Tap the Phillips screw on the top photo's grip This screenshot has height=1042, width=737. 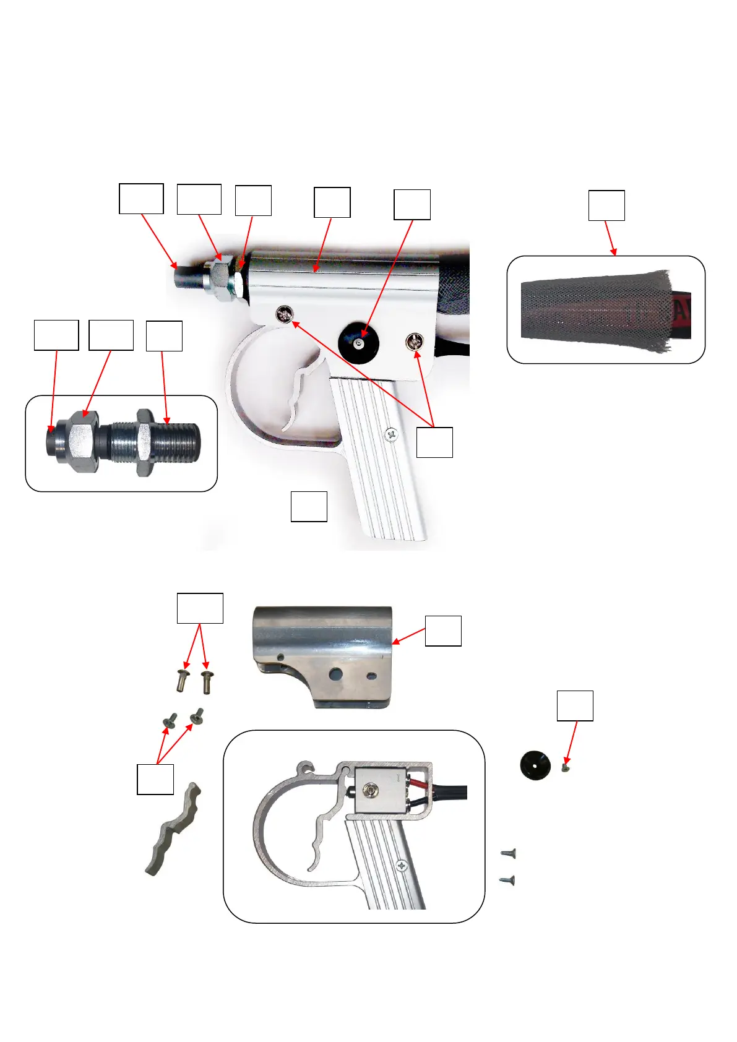(391, 436)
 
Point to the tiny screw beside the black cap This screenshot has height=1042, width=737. (564, 767)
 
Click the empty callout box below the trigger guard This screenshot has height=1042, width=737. (309, 507)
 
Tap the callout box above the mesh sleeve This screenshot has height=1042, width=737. (606, 205)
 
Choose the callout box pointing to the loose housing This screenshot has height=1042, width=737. (443, 631)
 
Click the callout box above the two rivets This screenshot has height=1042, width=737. (200, 608)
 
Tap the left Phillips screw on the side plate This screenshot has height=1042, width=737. (286, 314)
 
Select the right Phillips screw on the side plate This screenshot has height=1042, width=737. (414, 340)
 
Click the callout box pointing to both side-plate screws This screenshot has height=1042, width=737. (434, 442)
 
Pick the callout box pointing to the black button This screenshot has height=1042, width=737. (412, 205)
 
